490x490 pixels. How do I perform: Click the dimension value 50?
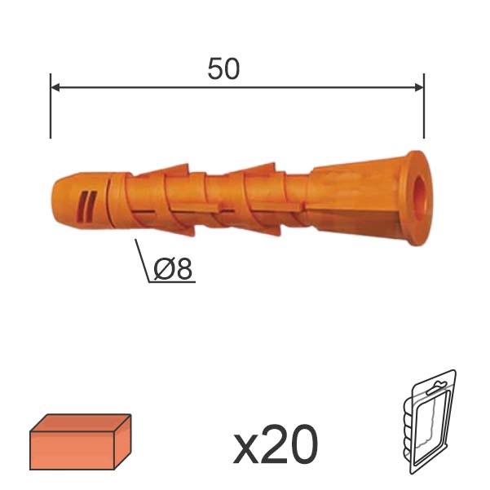pos(223,69)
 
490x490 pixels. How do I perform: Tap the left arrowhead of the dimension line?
pos(56,86)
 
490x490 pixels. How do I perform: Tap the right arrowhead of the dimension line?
pos(417,86)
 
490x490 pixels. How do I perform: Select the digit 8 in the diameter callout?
pos(185,269)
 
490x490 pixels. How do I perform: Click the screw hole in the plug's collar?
pos(418,191)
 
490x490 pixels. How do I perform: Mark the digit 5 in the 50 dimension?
pos(215,69)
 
